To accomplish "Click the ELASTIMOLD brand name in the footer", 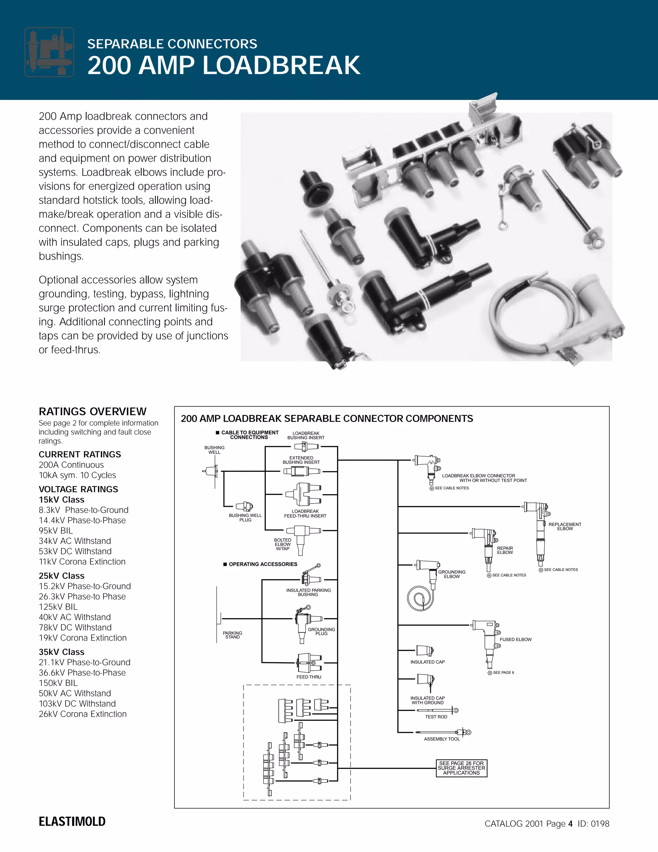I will coord(72,821).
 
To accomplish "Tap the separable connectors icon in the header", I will coord(49,52).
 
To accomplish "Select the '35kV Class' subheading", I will coord(62,652).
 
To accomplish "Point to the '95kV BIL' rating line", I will coord(56,530).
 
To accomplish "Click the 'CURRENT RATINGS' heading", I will coord(80,455).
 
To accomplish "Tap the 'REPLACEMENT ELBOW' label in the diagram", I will coord(565,526).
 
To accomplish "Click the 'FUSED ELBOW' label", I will coord(515,639).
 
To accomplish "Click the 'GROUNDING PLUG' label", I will coord(321,631).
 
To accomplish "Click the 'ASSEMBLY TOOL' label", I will coord(442,739).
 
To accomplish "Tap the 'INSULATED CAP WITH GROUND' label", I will coord(427,700).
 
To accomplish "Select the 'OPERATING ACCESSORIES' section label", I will coord(263,564).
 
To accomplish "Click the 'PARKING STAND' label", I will coord(232,635).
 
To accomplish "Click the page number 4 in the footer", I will coord(570,823).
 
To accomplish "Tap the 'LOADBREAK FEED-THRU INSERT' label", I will coord(305,513).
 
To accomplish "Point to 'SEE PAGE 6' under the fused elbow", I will coord(503,673).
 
